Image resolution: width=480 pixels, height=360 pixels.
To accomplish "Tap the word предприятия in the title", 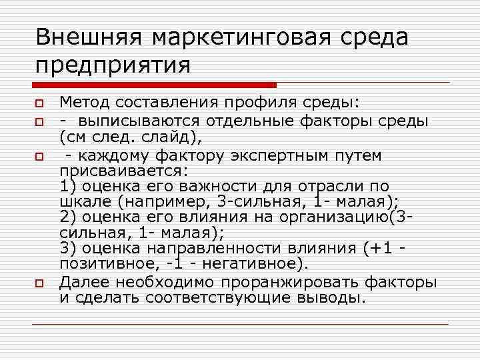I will (113, 65).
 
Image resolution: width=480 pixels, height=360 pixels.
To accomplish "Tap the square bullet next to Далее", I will (41, 283).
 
